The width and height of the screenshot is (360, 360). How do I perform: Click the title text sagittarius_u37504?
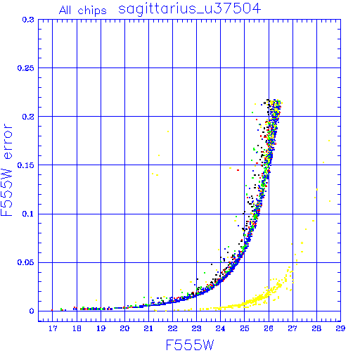click(189, 9)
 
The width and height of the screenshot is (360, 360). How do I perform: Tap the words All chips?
click(83, 11)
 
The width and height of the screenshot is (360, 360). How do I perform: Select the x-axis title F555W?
click(190, 345)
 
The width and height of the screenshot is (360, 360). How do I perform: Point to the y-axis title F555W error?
click(6, 170)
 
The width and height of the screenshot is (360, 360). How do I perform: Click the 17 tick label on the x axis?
click(53, 328)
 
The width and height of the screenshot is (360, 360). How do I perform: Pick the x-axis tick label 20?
click(124, 328)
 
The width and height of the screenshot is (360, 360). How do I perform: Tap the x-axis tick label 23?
click(196, 328)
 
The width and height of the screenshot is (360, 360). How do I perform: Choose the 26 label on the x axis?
click(269, 328)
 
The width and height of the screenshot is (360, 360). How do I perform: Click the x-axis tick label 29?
click(340, 328)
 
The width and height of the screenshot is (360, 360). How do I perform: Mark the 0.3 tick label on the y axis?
click(28, 20)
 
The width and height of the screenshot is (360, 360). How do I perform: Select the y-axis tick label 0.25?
click(25, 68)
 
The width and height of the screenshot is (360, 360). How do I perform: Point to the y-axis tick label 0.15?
click(25, 165)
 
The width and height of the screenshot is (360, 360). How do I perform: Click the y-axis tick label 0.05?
click(25, 262)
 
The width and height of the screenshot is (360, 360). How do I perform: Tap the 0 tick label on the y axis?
click(32, 311)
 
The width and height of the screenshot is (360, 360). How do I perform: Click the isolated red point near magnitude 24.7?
click(238, 170)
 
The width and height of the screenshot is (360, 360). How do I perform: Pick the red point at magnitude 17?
click(52, 310)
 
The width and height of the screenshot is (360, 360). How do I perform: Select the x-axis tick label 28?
click(316, 328)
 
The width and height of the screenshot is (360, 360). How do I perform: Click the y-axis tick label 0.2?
click(28, 117)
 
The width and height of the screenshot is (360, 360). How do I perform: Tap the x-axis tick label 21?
click(148, 328)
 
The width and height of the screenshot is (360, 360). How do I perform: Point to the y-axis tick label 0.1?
click(28, 214)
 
